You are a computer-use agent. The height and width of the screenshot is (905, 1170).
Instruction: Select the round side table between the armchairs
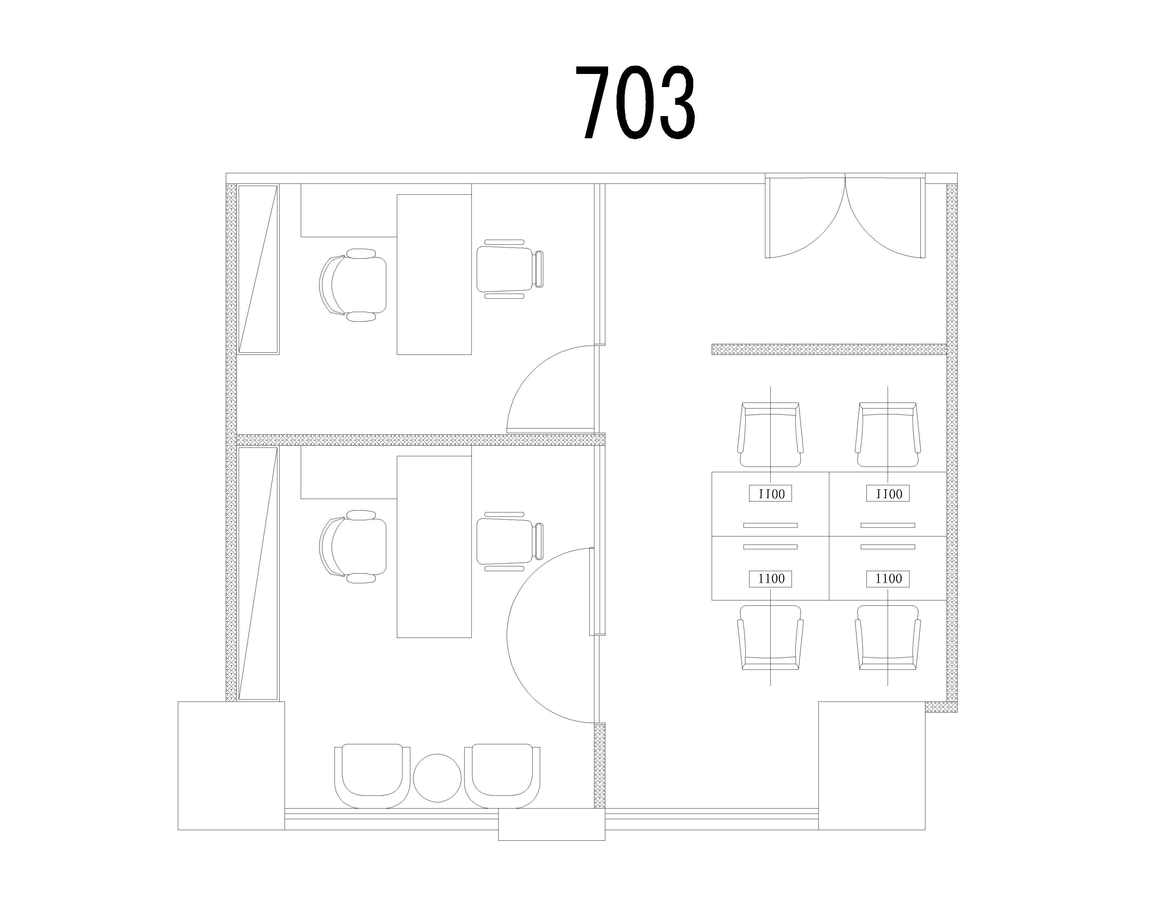[437, 778]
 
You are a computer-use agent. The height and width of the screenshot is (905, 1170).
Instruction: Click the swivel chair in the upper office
[353, 285]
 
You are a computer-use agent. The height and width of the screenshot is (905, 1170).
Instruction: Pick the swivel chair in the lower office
[353, 546]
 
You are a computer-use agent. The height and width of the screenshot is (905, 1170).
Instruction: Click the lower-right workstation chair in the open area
[888, 638]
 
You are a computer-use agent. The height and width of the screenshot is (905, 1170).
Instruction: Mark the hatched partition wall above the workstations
[829, 349]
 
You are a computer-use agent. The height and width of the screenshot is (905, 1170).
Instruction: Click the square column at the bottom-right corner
[872, 766]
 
